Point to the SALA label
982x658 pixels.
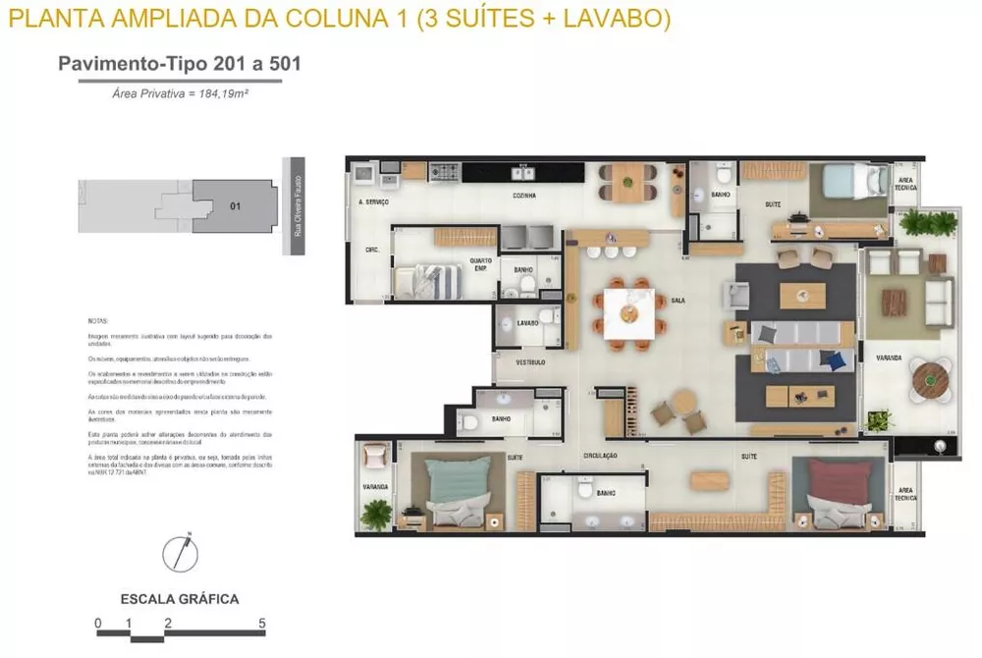click(678, 300)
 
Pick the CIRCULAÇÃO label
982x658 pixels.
click(599, 456)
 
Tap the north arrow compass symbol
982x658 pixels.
click(181, 552)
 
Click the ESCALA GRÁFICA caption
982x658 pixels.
click(180, 598)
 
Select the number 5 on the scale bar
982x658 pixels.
click(262, 623)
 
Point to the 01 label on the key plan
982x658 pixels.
click(235, 206)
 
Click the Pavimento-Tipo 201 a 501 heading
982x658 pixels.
click(179, 64)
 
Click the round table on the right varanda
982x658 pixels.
click(928, 377)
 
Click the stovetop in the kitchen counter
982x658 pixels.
click(445, 173)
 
